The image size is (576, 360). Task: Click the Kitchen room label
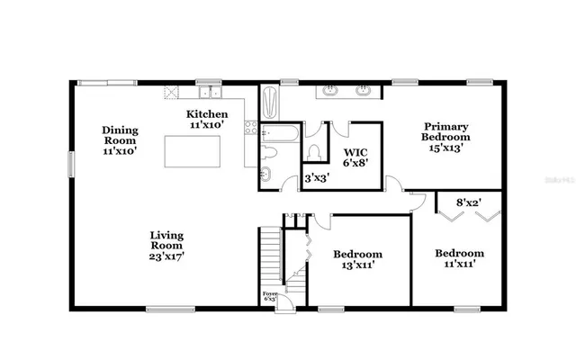[x=207, y=120]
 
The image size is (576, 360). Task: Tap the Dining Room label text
[x=119, y=140]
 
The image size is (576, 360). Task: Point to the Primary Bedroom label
[x=446, y=138]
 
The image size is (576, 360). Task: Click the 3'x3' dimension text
[x=315, y=179]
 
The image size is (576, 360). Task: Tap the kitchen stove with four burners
[x=252, y=128]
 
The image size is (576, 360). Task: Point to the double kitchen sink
[x=210, y=91]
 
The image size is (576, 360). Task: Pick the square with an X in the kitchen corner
[x=168, y=92]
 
